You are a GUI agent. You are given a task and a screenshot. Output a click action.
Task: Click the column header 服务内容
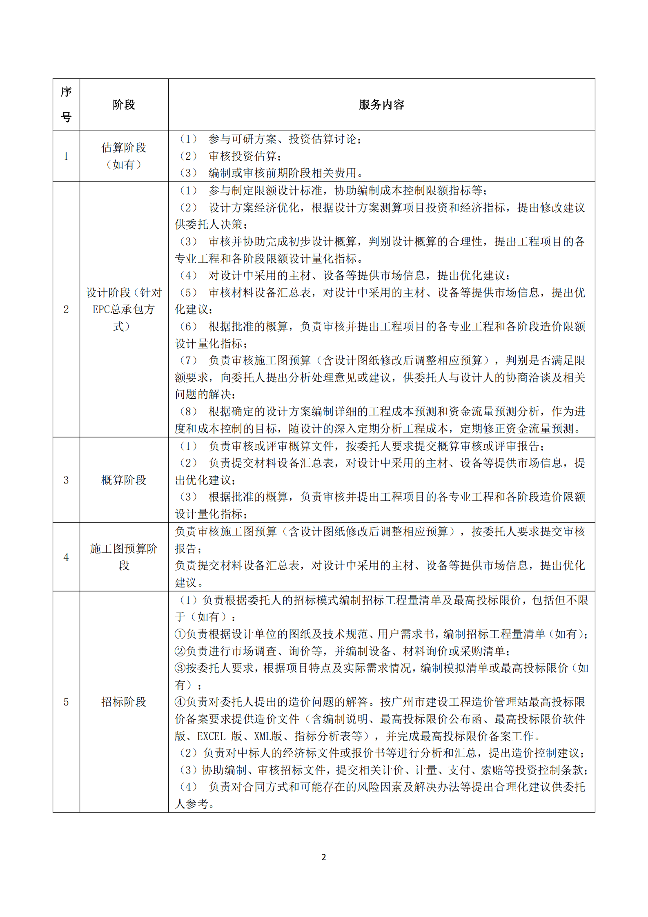click(x=381, y=105)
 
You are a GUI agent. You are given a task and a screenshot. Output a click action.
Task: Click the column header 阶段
click(x=124, y=105)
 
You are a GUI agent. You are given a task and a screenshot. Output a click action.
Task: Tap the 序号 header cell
click(x=66, y=105)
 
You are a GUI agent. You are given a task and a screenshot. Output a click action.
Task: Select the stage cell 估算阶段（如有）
click(x=124, y=156)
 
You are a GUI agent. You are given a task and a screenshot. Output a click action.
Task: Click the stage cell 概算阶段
click(x=124, y=480)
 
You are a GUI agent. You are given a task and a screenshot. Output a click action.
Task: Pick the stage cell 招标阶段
click(x=124, y=702)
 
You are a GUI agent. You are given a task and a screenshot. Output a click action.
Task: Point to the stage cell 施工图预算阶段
click(x=124, y=557)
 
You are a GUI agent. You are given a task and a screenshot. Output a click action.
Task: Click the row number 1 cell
click(x=66, y=156)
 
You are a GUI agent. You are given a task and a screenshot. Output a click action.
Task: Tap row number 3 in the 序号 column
click(x=66, y=480)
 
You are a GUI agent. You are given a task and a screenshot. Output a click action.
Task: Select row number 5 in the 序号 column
click(x=66, y=702)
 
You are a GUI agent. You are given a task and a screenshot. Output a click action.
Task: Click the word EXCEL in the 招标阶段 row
click(x=211, y=736)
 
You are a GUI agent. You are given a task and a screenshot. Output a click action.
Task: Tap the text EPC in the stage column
click(x=101, y=310)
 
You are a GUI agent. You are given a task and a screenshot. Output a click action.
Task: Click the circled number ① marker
click(x=180, y=634)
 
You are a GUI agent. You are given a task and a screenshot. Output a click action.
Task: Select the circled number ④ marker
click(x=180, y=702)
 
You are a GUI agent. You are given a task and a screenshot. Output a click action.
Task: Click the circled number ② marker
click(x=180, y=651)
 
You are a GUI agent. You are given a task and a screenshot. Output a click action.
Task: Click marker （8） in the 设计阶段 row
click(x=188, y=412)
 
